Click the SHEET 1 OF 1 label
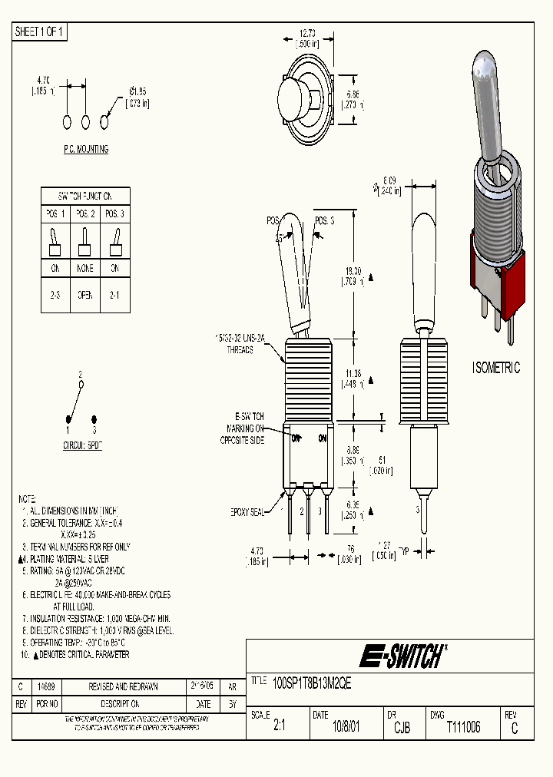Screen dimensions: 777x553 point(40,31)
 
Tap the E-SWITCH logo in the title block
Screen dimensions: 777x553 point(402,656)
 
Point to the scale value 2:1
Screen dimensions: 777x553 point(279,727)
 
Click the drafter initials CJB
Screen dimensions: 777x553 point(401,727)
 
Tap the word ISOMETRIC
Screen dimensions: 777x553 point(495,368)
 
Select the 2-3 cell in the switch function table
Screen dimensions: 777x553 point(55,295)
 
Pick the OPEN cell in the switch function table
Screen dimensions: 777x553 point(85,295)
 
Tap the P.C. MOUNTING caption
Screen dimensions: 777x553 point(86,149)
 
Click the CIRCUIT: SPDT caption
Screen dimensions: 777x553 point(82,445)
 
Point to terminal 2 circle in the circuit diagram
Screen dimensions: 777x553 point(81,385)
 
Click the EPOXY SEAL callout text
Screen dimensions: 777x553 point(250,511)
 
